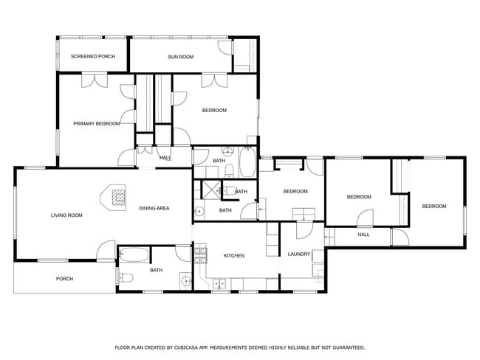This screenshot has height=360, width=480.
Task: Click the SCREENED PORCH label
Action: pos(92,56)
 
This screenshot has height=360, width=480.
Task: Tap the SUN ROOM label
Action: pos(180,56)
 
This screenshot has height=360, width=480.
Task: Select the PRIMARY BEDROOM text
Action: pos(96,123)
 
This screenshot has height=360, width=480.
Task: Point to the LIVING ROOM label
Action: pos(66,215)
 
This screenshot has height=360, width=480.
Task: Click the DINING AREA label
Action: pos(154,208)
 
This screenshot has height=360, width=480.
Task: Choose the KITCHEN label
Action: pos(234,255)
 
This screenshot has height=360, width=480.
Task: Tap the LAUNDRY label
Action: pos(298,255)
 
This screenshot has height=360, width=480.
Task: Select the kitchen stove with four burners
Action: pos(200,254)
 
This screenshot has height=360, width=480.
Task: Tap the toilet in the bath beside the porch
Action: pos(126,278)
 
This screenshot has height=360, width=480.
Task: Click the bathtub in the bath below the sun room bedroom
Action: pos(247,162)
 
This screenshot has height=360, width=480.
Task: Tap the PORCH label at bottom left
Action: pos(64,279)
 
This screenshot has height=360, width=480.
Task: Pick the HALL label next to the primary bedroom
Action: pos(165,157)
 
